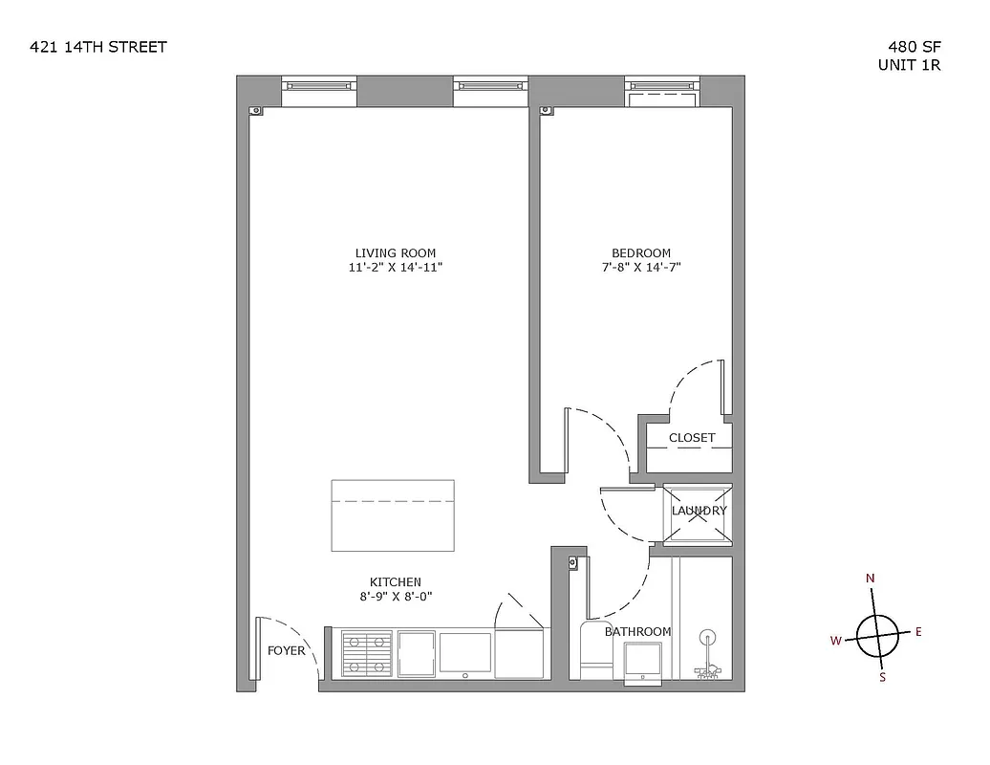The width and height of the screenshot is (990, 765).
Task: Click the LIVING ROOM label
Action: pos(396,253)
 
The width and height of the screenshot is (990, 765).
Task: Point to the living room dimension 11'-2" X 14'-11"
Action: pos(396,268)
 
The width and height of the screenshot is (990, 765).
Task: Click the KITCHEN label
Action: pos(396,582)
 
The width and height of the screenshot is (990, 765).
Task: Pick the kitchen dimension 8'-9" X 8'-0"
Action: pos(396,597)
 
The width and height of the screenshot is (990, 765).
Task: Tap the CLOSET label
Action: pos(692,438)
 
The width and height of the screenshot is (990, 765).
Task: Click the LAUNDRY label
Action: pos(699,511)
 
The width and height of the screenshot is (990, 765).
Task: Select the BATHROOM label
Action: pos(637,632)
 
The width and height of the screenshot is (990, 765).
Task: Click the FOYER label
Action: pos(286,651)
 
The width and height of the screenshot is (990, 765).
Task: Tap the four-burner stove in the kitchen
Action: pos(367,654)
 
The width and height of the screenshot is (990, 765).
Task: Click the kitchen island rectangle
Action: pos(393,515)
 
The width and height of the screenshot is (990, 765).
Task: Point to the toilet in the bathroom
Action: pos(594,650)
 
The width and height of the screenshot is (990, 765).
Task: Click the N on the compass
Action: pos(871,579)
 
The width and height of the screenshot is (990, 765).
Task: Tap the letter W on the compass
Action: pos(835,641)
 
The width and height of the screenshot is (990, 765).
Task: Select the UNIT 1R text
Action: pos(910,65)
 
